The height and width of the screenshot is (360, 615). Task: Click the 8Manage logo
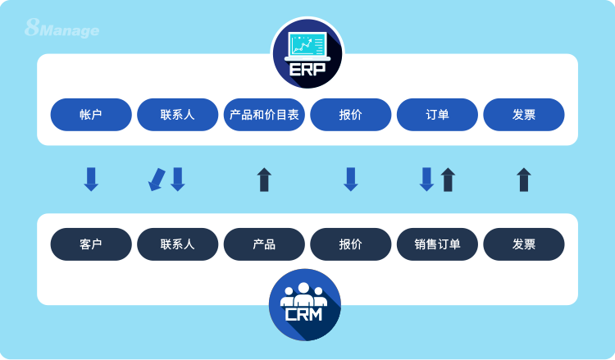tap(62, 30)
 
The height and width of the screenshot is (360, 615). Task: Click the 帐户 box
tap(91, 115)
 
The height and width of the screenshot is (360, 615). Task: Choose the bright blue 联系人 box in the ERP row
tap(178, 115)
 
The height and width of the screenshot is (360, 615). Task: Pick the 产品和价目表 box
tap(264, 115)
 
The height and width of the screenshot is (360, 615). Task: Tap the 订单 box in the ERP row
tap(437, 115)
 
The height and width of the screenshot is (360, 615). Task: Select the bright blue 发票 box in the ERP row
tap(524, 115)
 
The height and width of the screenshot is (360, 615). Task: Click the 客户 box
tap(91, 244)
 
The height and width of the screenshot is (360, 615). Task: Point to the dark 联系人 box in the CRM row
tap(178, 244)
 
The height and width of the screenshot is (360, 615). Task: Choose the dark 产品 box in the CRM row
tap(264, 244)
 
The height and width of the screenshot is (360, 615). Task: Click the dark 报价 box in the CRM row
tap(350, 244)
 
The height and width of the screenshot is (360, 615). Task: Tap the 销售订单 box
tap(437, 244)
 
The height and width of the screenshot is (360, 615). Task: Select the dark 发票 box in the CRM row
tap(524, 244)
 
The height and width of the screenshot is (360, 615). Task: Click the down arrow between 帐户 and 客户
tap(91, 180)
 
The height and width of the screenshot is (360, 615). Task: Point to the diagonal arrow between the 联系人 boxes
tap(156, 180)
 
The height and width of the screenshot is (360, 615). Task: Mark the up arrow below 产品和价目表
tap(264, 180)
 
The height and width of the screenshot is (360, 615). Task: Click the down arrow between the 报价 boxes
tap(350, 180)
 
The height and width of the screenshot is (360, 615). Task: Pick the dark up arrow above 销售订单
tap(448, 180)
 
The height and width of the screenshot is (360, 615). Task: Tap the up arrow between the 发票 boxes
tap(524, 180)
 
